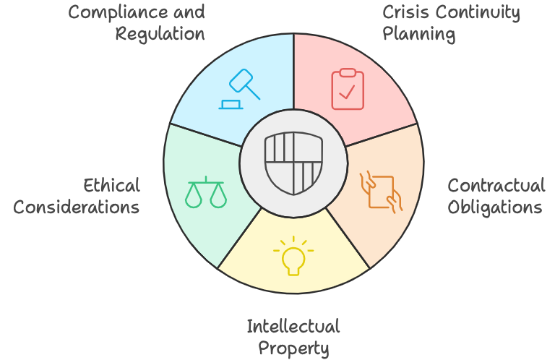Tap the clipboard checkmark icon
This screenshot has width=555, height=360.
[348, 89]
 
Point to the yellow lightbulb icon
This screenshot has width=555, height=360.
[293, 257]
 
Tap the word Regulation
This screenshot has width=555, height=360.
[160, 34]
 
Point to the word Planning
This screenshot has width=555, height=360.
[419, 34]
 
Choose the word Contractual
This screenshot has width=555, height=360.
[496, 186]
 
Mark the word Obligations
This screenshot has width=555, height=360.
[495, 207]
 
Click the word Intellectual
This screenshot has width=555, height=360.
[293, 326]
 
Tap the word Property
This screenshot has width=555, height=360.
[293, 348]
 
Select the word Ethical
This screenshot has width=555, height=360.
[111, 186]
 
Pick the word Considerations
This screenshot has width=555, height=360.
[77, 207]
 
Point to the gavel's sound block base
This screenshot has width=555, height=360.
[232, 106]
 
